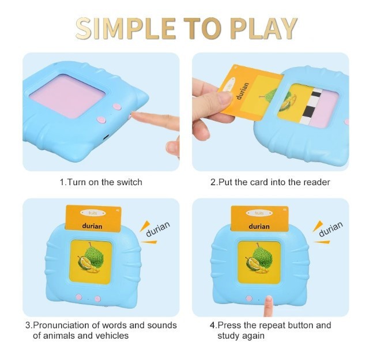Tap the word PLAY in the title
263,28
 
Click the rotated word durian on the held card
242,91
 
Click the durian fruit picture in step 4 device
258,258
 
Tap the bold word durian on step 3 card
92,226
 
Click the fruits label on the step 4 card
259,213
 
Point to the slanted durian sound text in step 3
158,229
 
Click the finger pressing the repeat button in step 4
268,306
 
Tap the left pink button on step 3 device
79,297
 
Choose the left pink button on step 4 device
248,298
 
